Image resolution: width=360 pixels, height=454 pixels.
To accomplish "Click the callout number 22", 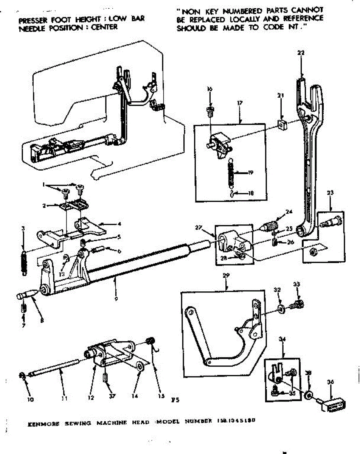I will (x=301, y=53).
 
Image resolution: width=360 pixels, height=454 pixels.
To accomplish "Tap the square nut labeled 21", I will (x=281, y=124).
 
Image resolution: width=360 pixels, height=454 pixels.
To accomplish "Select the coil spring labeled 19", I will (x=230, y=172).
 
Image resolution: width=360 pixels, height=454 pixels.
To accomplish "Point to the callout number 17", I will (x=240, y=103).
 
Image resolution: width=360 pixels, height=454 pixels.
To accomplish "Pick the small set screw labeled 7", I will (x=23, y=309).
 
